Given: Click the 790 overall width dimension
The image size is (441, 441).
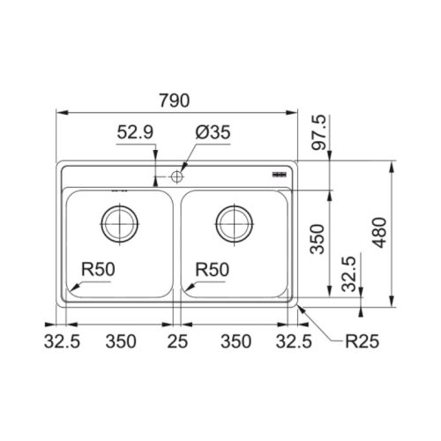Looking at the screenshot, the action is point(175,101).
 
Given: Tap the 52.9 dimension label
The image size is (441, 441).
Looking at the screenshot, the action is point(135,132).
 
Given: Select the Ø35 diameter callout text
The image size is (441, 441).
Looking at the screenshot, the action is point(213,132).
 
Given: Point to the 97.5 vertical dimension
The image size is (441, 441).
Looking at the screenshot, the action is point(319,132).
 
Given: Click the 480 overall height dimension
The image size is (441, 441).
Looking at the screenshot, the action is point(380,233).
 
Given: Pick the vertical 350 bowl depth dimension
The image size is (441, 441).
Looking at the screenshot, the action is point(318,239).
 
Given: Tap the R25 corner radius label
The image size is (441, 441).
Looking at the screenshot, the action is point(362,341).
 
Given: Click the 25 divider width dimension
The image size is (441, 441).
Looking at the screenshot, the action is point(177,341).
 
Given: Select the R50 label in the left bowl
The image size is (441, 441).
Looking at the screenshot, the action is point(98,269).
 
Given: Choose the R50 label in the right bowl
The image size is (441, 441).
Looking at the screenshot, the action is point(213,269).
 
